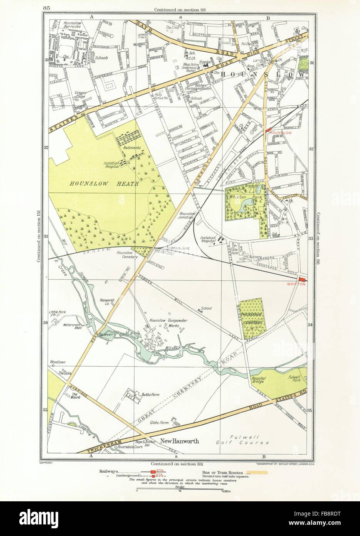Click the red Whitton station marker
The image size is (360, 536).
point(302,279)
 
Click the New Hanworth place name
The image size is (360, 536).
point(180,442)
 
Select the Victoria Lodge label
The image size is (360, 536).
point(75,94)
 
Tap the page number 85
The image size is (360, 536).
point(48,7)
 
